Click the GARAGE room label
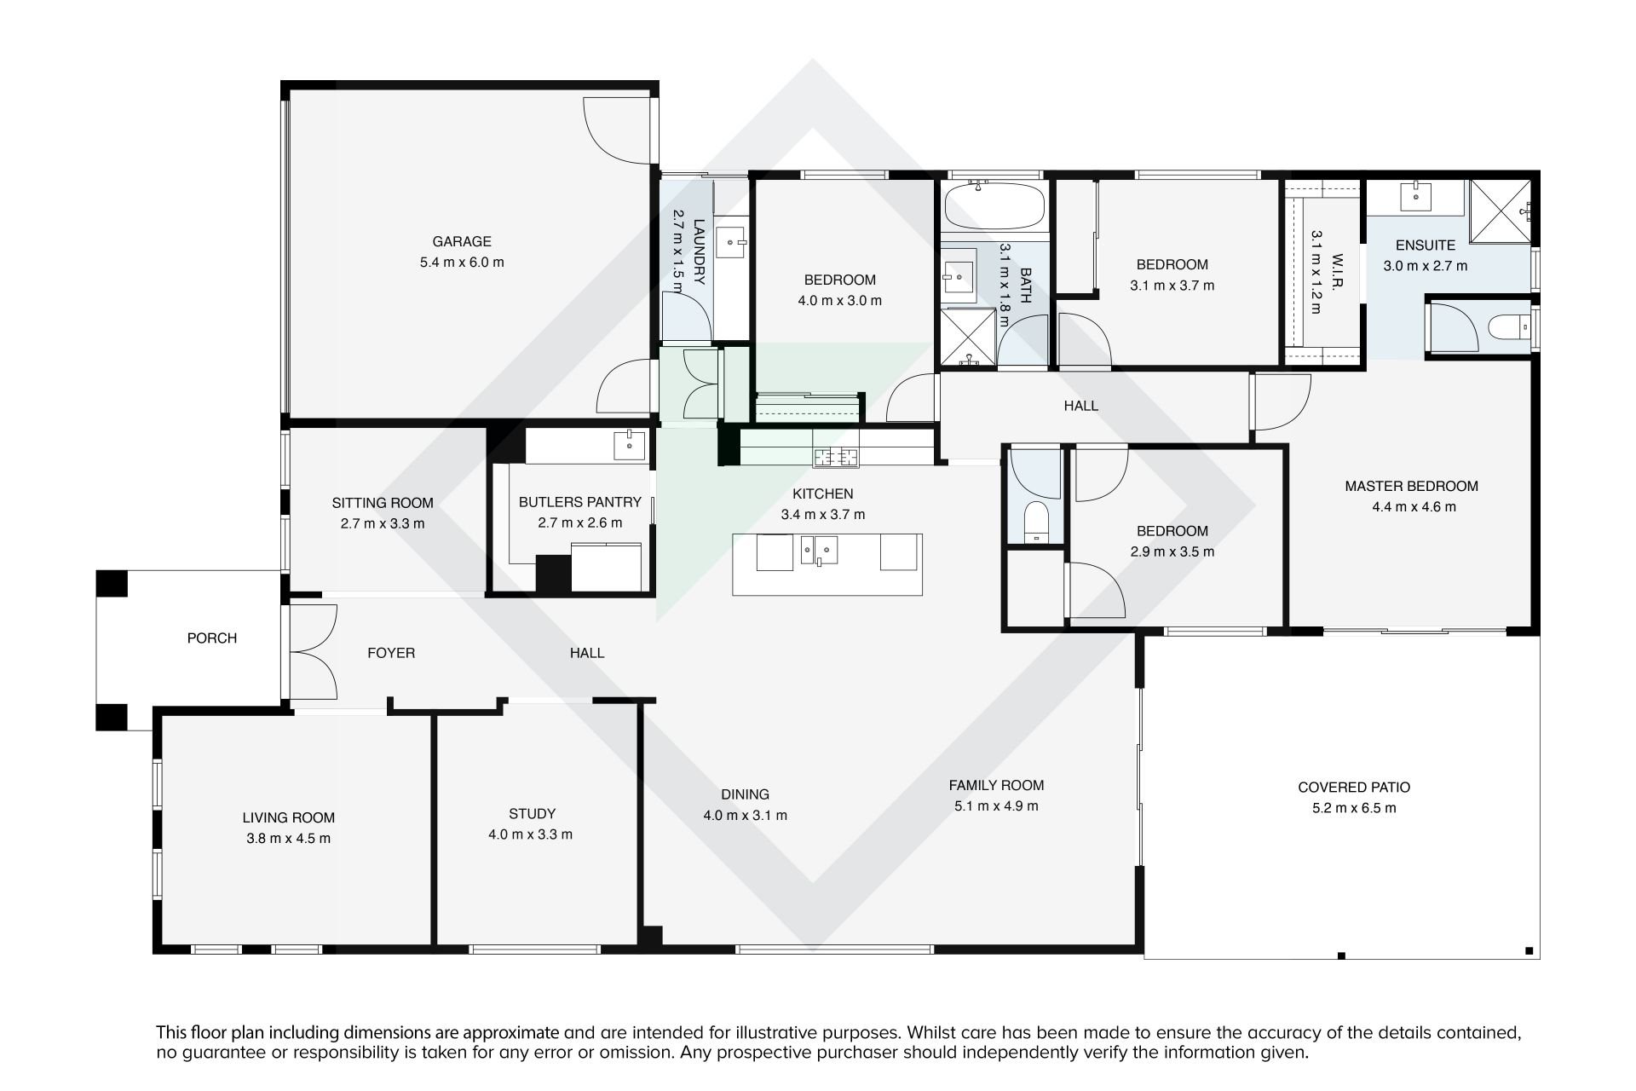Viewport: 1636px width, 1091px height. pos(462,241)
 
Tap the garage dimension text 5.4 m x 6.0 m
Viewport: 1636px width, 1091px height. pos(462,263)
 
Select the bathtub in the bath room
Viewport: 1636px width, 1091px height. pos(994,204)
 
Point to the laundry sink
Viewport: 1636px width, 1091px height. pos(732,243)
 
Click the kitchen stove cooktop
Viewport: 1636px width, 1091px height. pos(835,458)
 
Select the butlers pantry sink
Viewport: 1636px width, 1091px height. pos(630,445)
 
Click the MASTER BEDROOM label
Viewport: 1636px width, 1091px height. pos(1411,486)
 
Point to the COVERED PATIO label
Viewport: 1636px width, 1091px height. pos(1354,788)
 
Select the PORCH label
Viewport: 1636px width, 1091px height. pos(212,638)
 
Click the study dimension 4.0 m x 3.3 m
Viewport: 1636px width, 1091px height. pos(531,834)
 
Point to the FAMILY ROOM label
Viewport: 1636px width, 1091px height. pos(996,785)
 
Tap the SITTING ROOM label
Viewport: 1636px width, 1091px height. pos(383,503)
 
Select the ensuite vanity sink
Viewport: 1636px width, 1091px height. pos(1416,196)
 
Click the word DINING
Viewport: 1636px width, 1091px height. pos(745,794)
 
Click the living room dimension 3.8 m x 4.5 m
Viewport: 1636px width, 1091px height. pos(288,838)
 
